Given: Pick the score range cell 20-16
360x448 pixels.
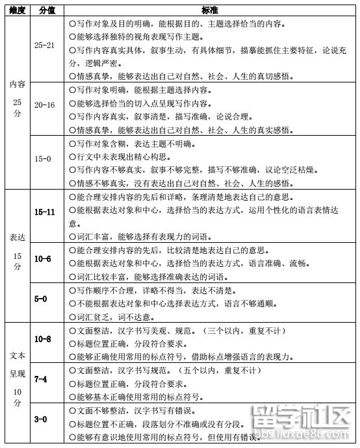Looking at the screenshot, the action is pyautogui.click(x=45, y=104).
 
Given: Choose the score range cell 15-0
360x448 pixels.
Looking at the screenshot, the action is pyautogui.click(x=43, y=158).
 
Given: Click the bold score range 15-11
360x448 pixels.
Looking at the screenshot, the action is pyautogui.click(x=45, y=212).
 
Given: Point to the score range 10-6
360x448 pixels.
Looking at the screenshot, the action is pyautogui.click(x=43, y=259).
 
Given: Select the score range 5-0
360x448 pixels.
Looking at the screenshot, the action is pyautogui.click(x=41, y=299).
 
